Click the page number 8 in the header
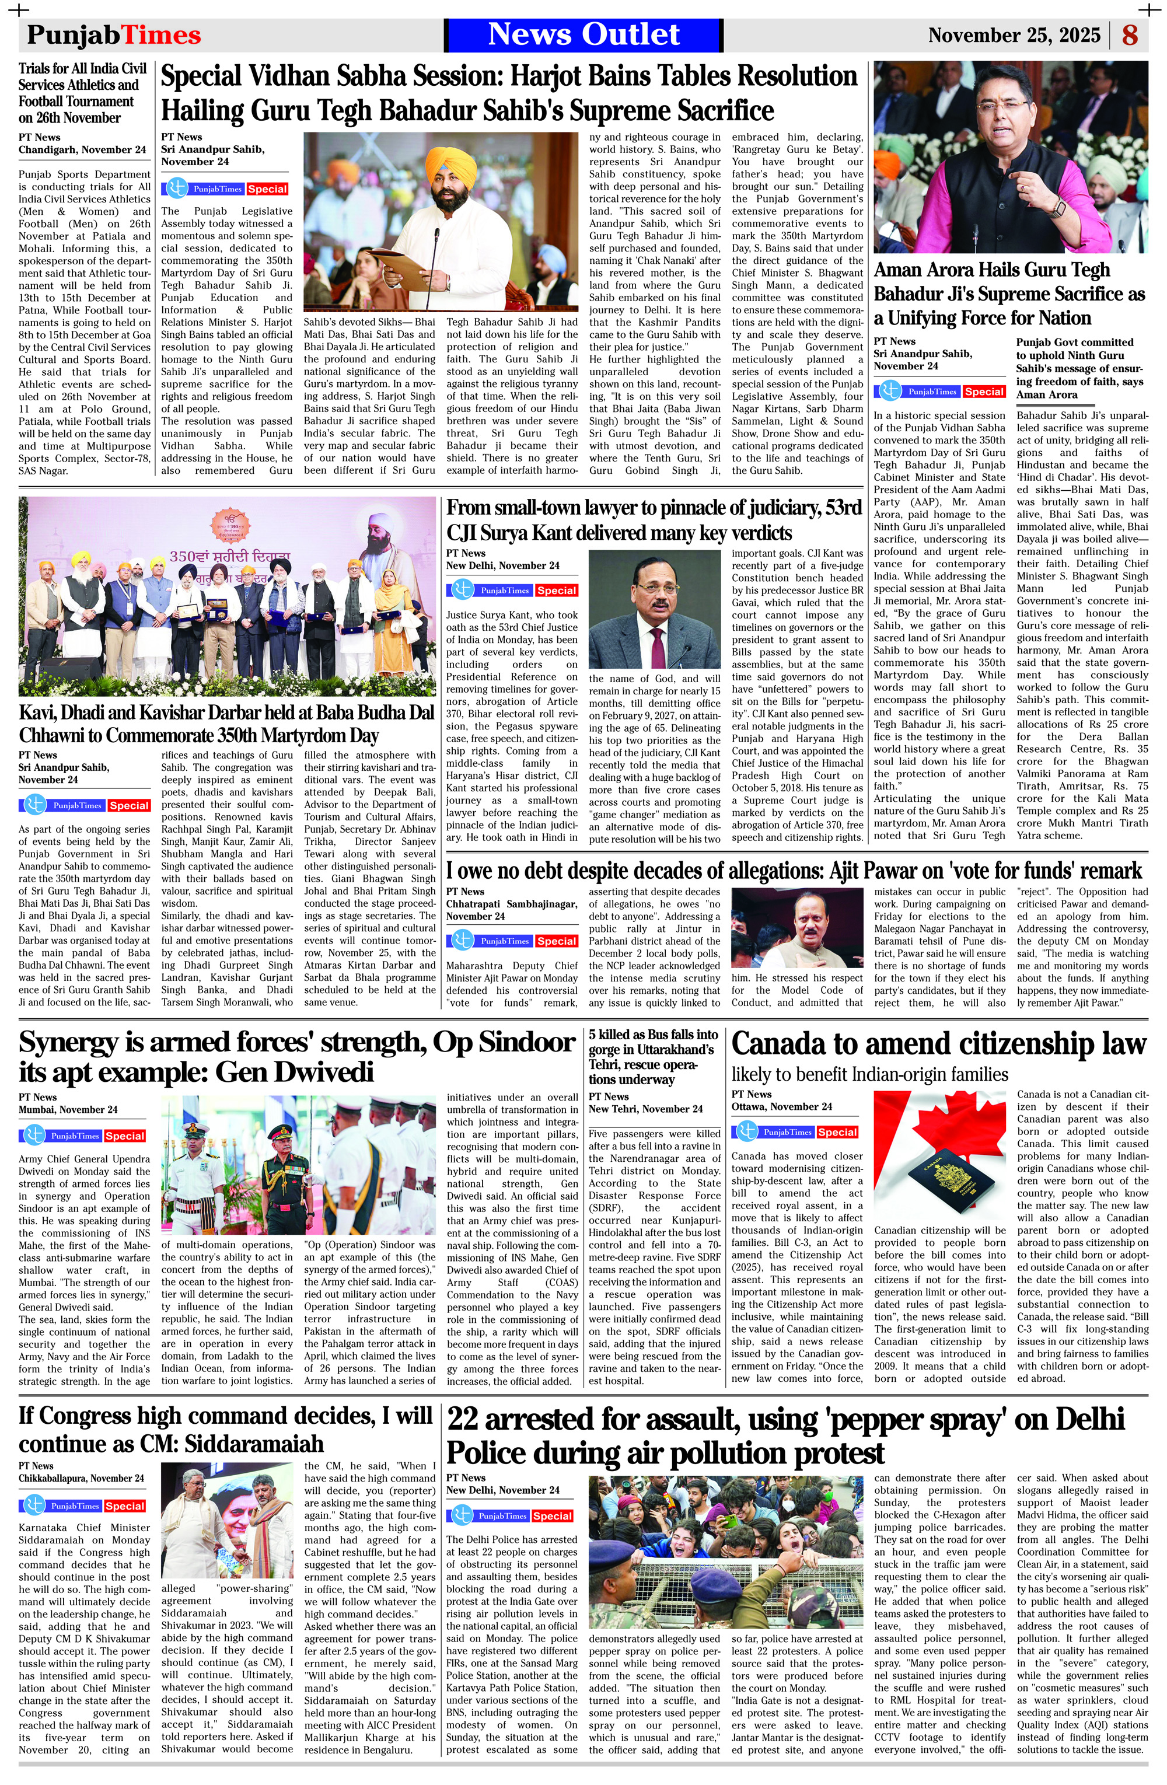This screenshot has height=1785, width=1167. tap(1130, 35)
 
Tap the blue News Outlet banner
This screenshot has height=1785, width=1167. tap(583, 34)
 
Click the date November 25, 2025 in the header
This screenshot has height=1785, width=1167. tap(1014, 35)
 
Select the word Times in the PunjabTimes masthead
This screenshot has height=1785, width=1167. tap(160, 35)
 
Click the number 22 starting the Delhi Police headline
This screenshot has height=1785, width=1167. tap(462, 1418)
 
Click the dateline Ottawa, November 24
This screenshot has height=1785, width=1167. tap(781, 1106)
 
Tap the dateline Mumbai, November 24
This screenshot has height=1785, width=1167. tap(68, 1109)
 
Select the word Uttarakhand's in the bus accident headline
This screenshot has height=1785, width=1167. tap(675, 1049)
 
